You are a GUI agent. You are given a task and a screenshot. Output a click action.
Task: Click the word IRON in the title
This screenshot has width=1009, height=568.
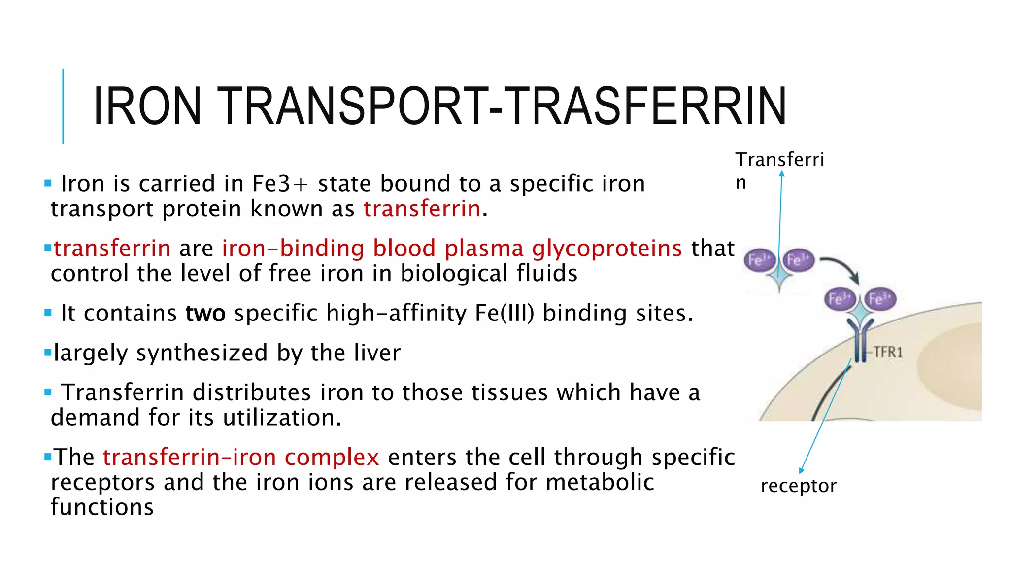coord(147,106)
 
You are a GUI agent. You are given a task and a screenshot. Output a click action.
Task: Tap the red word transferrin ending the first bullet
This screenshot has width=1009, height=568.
coord(422,209)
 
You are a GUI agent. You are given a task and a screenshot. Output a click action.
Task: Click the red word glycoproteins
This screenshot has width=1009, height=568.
coord(606,248)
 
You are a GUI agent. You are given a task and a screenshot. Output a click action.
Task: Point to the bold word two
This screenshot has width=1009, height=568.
coord(205,313)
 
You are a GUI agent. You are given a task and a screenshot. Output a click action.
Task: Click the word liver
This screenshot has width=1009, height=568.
coord(377,353)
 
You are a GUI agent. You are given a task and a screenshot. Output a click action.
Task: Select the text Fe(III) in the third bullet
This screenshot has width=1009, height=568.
coord(504,313)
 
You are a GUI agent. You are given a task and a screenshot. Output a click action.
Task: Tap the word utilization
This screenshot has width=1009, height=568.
coord(282,418)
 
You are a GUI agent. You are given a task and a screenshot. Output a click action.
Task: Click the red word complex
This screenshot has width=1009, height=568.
coord(332,457)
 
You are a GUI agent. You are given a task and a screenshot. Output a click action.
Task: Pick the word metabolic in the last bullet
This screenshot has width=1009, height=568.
coord(600,482)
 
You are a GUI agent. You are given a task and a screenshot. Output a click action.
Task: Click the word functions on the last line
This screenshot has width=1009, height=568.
coord(102,507)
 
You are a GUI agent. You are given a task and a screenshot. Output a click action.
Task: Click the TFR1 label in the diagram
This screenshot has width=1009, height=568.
coord(888,352)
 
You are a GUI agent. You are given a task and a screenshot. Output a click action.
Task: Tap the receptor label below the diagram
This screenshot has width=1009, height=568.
coord(798,486)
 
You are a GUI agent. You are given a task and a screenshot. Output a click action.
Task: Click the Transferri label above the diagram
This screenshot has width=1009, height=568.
coord(779,160)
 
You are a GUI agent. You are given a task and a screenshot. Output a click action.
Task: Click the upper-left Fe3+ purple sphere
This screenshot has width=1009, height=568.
coord(759,260)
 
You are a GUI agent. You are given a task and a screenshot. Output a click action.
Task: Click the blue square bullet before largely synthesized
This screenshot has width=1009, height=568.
coord(48,353)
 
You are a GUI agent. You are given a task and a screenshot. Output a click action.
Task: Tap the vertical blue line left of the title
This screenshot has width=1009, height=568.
coord(63,106)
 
